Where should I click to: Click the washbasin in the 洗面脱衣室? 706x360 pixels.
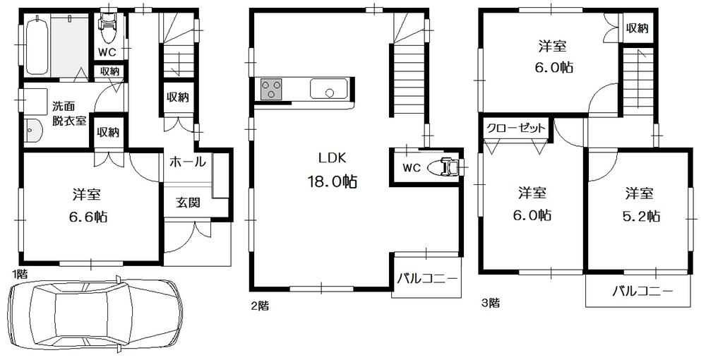click(32, 131)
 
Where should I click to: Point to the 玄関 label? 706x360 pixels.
click(188, 203)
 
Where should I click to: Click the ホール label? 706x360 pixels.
click(187, 162)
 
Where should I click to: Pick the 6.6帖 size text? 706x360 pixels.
click(89, 217)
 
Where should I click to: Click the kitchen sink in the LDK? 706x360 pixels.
click(327, 90)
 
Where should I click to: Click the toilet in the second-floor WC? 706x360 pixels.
click(448, 167)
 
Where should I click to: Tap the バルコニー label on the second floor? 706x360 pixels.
click(426, 278)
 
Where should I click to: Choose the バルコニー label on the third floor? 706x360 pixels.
click(642, 290)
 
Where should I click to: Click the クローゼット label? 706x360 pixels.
click(516, 128)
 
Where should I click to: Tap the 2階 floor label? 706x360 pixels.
click(258, 306)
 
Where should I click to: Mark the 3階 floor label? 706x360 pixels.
click(490, 304)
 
